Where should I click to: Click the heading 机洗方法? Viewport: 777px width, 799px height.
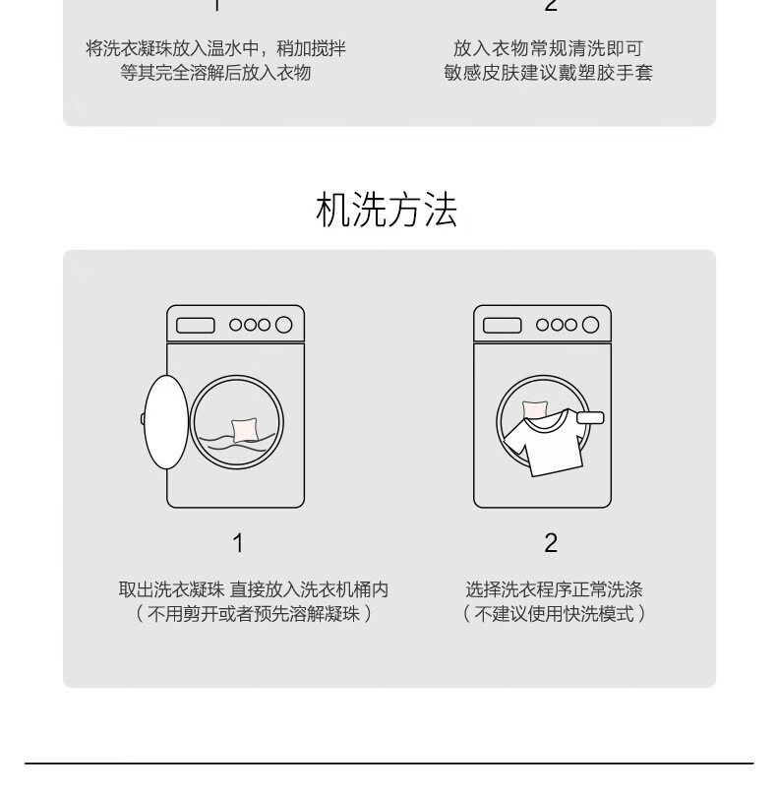[387, 210]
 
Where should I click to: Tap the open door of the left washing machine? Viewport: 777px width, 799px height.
[166, 422]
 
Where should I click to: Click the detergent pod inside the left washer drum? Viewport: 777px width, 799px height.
[244, 430]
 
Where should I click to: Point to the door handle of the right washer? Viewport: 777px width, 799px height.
[590, 418]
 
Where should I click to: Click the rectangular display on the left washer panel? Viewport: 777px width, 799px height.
[196, 325]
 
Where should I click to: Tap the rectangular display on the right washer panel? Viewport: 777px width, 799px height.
[502, 325]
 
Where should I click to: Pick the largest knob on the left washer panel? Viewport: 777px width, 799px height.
[283, 325]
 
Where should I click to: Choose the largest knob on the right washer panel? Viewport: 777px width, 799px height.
[590, 325]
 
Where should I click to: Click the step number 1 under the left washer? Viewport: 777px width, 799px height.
[238, 543]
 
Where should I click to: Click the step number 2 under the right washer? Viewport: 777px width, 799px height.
[551, 543]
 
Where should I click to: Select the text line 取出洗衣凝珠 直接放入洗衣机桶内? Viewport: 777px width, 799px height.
[254, 589]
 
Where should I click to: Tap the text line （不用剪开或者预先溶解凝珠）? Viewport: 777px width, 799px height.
[254, 614]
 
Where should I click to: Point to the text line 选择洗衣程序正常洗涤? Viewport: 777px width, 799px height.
[554, 589]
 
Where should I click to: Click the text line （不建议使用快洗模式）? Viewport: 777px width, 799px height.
[554, 614]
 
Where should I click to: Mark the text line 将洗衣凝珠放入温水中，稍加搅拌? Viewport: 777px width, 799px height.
[216, 49]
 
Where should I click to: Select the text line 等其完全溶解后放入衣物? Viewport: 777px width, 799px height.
[216, 73]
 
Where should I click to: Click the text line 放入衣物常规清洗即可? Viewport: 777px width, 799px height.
[548, 49]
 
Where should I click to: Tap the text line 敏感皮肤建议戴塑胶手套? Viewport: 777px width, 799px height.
[548, 73]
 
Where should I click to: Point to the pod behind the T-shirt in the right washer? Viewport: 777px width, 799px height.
[535, 408]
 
